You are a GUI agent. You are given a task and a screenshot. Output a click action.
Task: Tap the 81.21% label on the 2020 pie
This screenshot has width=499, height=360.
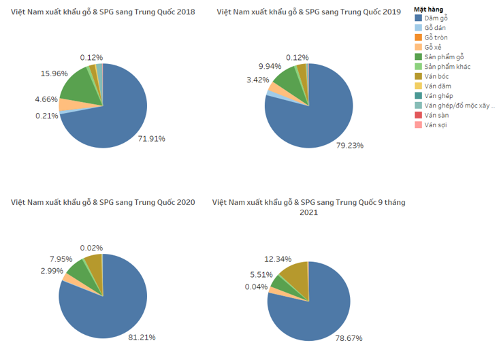tap(143, 336)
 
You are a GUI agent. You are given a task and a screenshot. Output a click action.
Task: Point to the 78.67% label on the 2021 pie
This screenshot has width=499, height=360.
tap(349, 338)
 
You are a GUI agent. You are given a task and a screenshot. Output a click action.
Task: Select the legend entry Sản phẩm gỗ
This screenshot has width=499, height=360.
tap(443, 56)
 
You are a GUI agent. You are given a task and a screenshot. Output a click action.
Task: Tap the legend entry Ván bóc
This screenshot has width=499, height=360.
tap(436, 76)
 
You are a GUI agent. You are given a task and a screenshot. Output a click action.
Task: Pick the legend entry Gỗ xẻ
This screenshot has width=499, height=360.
tap(433, 47)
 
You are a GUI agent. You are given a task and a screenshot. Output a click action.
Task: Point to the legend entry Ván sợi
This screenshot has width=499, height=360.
tap(435, 125)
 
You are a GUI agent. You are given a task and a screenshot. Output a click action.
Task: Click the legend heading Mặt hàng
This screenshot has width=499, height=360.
tap(429, 9)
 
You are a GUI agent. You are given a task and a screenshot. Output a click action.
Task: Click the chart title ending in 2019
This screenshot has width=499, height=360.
tap(308, 12)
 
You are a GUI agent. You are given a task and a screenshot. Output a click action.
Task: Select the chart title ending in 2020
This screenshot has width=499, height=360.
tap(103, 202)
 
